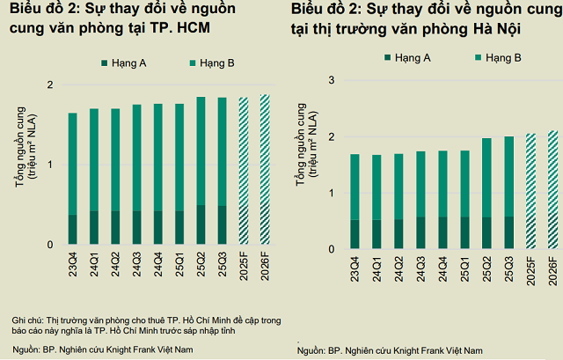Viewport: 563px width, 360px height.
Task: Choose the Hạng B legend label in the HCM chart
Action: coord(215,64)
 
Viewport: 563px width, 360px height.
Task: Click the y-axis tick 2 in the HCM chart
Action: coord(50,84)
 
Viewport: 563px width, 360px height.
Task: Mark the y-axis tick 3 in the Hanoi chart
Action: coord(331,80)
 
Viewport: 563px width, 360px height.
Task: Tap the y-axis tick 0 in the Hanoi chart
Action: coord(331,249)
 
